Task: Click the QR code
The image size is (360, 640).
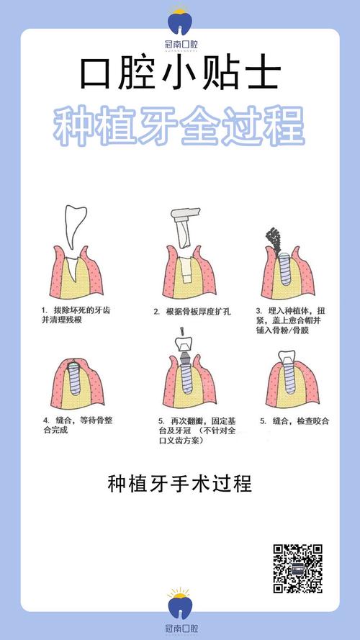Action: coord(297,569)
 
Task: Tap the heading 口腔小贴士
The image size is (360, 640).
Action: coord(179,74)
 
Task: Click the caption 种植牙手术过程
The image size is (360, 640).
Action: coord(179,483)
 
